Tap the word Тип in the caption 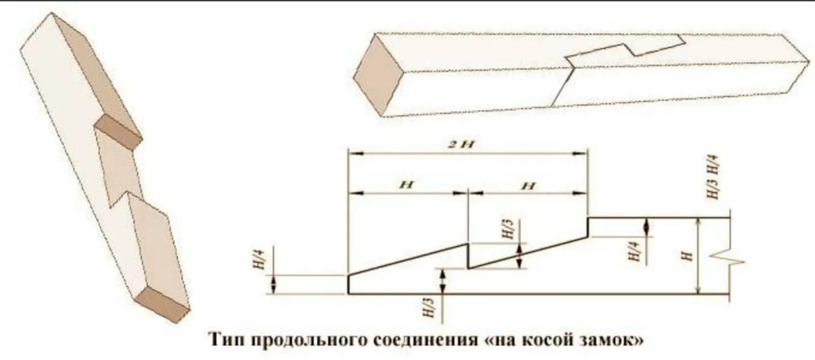(x=226, y=340)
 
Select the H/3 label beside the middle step (x=508, y=230)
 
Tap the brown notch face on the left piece (x=118, y=131)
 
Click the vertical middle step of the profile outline (x=468, y=256)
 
